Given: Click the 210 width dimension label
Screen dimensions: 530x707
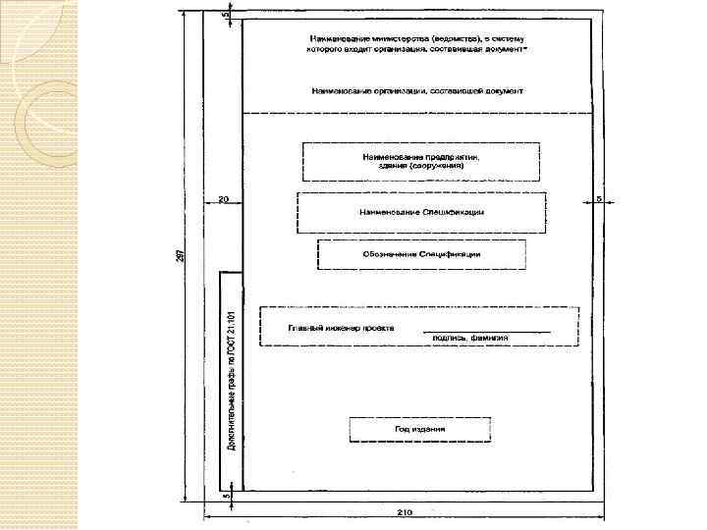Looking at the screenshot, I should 404,511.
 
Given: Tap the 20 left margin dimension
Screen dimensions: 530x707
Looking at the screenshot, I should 224,199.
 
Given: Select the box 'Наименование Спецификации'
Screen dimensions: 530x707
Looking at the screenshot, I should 420,212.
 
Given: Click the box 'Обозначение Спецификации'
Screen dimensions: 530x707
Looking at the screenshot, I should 421,254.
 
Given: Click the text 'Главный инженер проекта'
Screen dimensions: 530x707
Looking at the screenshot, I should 341,327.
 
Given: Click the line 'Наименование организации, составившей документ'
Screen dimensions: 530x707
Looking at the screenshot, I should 417,90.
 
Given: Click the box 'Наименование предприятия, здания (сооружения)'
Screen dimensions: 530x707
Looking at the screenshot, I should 421,162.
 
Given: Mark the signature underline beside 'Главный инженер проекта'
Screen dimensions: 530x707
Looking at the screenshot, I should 487,330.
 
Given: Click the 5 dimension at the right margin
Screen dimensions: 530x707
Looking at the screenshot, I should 598,198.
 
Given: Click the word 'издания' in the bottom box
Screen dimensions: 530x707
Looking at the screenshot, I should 428,429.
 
